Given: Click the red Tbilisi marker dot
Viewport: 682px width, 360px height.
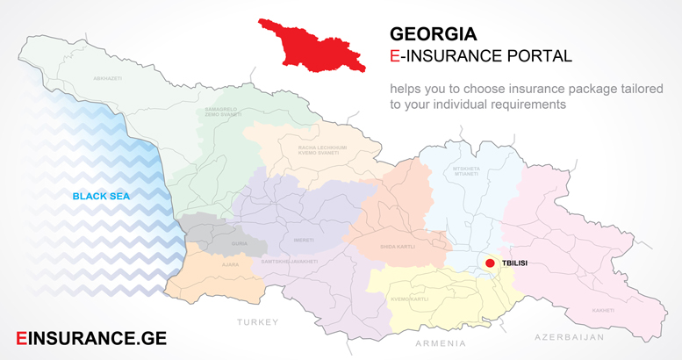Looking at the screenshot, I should tap(491, 263).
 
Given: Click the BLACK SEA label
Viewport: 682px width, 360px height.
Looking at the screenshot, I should tap(101, 197).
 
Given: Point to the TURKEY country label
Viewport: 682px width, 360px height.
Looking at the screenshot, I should tap(257, 322).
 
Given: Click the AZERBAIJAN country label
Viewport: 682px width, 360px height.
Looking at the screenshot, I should tap(570, 337).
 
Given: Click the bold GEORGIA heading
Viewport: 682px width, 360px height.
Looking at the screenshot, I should tap(434, 34).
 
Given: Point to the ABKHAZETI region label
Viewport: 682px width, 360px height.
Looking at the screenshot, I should tap(109, 79).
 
